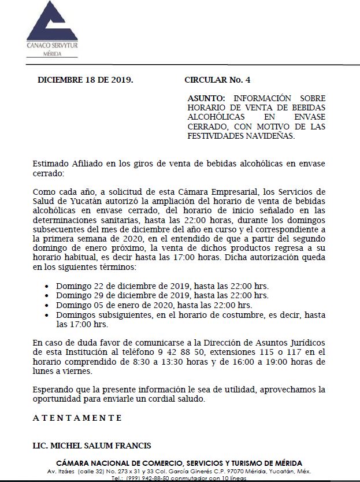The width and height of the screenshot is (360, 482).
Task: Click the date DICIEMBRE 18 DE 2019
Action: [85, 80]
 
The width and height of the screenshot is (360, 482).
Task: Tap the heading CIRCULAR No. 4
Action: [217, 80]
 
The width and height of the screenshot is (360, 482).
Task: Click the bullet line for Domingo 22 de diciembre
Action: [162, 286]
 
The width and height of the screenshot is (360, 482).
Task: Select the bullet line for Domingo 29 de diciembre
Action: [162, 295]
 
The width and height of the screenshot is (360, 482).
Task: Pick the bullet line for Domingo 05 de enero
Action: [154, 305]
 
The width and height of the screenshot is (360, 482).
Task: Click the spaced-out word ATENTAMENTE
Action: [77, 417]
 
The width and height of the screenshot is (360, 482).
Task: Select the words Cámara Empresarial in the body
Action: [211, 191]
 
